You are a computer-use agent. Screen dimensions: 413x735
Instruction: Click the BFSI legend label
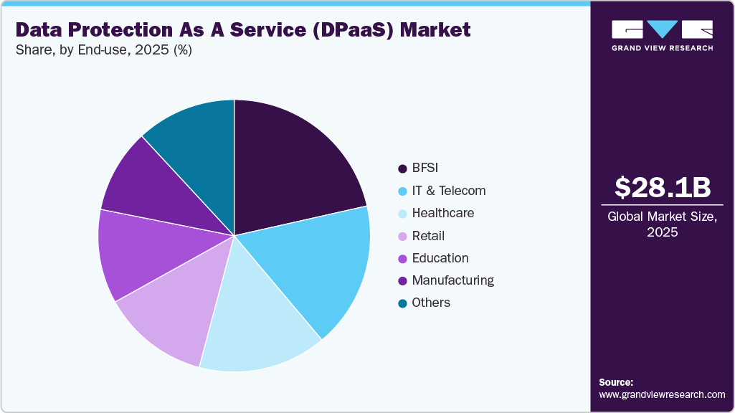click(x=425, y=168)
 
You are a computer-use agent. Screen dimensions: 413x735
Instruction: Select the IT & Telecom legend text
click(x=448, y=191)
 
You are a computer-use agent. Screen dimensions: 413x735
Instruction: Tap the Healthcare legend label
click(x=442, y=213)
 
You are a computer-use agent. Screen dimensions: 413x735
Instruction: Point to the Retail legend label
click(x=428, y=236)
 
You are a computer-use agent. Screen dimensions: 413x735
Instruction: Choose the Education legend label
click(x=440, y=258)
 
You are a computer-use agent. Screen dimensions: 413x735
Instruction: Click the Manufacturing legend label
click(x=452, y=280)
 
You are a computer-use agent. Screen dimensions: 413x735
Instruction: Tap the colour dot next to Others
click(x=402, y=303)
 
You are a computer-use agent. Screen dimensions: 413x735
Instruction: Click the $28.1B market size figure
click(x=663, y=187)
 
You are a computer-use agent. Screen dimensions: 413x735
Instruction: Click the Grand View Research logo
click(x=663, y=35)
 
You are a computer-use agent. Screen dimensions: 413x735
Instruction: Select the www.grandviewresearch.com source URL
click(x=662, y=394)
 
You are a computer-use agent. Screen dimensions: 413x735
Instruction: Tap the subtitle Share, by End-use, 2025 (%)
click(x=104, y=50)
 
